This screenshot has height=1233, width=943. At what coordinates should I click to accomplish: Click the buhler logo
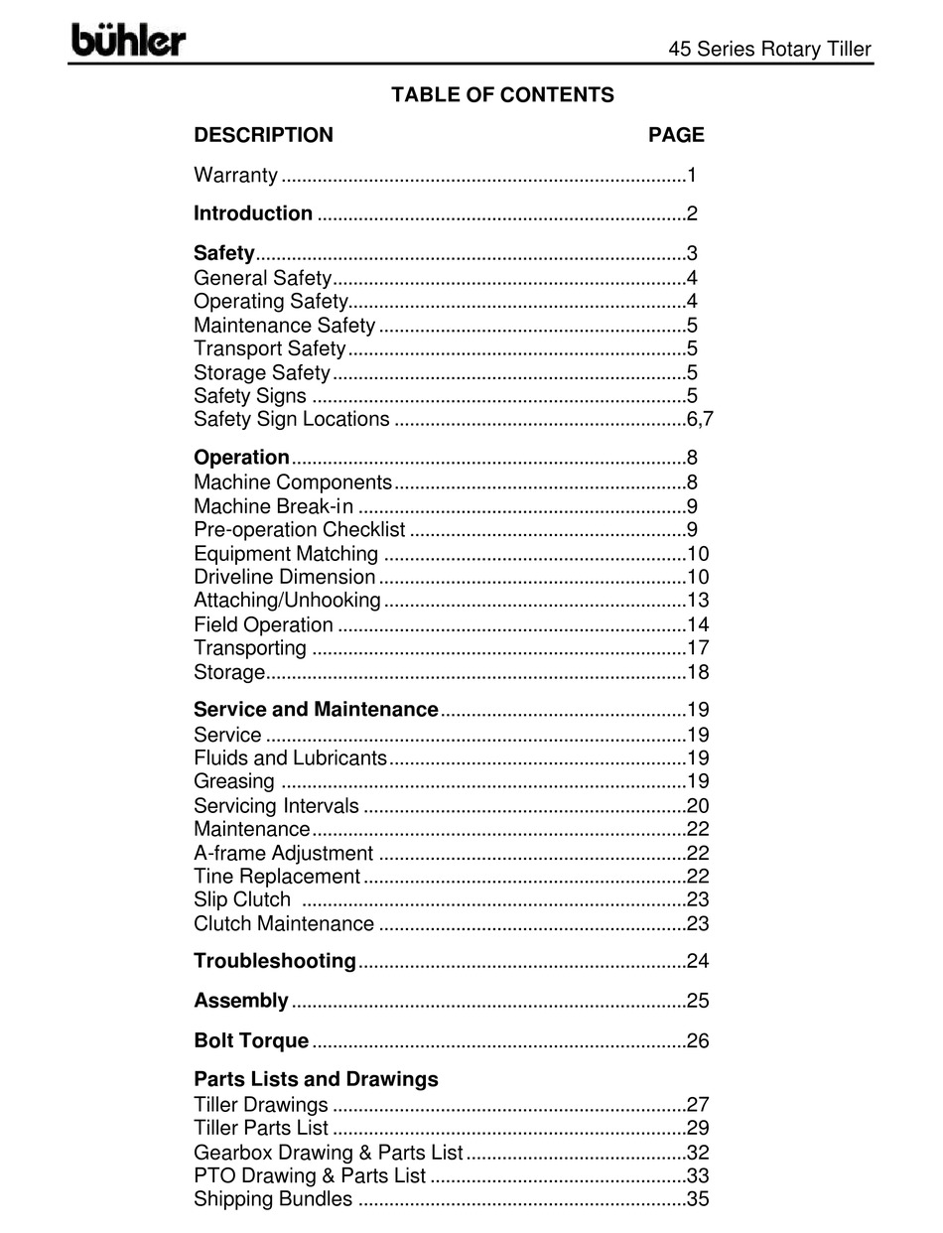pos(128,41)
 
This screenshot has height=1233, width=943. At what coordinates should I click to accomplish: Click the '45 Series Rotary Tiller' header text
pos(769,49)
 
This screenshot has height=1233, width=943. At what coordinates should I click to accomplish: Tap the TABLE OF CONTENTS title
pos(502,95)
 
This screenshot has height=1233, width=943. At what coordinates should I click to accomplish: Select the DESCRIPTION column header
pos(263,135)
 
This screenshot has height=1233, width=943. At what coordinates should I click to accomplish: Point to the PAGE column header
pos(676,135)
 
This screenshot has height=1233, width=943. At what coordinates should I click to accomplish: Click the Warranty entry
pos(235,176)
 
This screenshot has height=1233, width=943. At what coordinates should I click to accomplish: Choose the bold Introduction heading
pos(253,213)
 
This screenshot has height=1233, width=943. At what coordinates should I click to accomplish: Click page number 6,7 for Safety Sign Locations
pos(700,419)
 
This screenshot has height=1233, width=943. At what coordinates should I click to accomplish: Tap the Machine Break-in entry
pos(273,506)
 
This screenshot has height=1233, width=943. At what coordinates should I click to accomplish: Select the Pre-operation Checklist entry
pos(299,530)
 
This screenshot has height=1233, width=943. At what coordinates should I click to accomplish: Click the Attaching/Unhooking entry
pos(287,601)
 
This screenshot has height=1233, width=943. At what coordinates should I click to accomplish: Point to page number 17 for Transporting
pos(698,648)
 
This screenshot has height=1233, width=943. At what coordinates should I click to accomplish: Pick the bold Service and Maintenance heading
pos(316,710)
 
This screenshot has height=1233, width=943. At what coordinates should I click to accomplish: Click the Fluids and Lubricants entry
pos(290,758)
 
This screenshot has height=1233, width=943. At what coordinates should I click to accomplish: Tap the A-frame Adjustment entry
pos(283,854)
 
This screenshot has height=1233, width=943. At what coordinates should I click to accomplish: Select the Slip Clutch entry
pos(242,900)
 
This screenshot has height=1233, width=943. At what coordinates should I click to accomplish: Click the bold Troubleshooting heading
pos(274,961)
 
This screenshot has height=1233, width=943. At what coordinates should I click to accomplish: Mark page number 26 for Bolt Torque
pos(698,1041)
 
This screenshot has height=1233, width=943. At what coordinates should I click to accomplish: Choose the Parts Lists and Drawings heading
pos(316,1079)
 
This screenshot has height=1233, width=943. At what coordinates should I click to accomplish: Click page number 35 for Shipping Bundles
pos(698,1199)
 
